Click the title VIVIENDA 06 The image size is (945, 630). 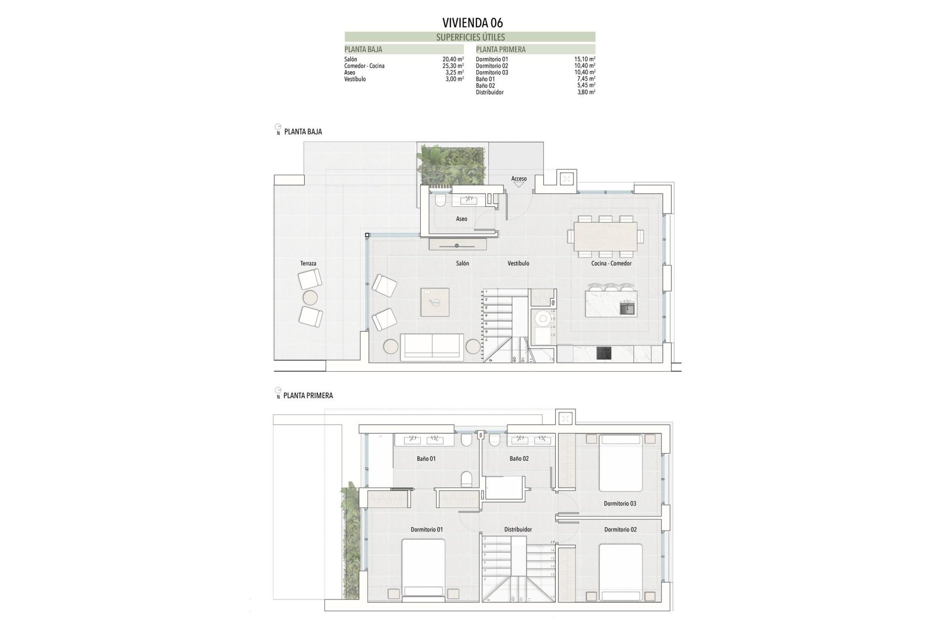[x=472, y=23]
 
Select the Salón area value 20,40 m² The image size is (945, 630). [x=453, y=59]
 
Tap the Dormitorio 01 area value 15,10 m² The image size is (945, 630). [x=585, y=59]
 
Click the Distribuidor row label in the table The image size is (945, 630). [x=489, y=92]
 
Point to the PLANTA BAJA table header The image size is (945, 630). [x=363, y=49]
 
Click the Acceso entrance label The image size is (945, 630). [x=519, y=179]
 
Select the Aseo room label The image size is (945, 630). [x=461, y=219]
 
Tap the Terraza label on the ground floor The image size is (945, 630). [x=308, y=263]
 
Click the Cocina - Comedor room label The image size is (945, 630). [x=611, y=263]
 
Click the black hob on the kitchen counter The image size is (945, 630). [x=604, y=353]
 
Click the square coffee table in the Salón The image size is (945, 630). [x=435, y=302]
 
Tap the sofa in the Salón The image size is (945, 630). [x=432, y=347]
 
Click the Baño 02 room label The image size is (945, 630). [x=519, y=458]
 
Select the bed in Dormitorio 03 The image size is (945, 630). [x=621, y=463]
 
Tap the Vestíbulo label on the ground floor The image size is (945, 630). [x=518, y=263]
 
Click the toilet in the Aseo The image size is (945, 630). [x=440, y=199]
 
